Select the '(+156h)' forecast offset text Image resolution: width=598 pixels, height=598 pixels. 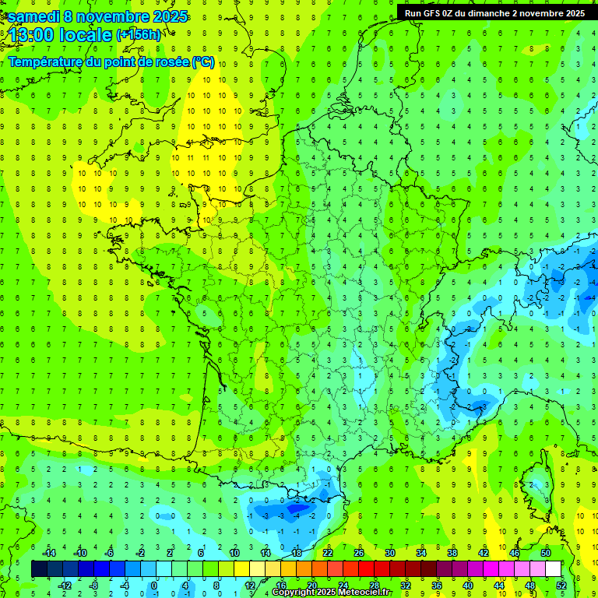[138, 35]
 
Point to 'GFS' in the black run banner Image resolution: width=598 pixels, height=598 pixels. [434, 12]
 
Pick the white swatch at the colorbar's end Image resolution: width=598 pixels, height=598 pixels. [553, 569]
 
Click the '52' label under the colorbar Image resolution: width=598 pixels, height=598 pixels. [561, 585]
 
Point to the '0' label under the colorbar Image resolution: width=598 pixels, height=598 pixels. [154, 585]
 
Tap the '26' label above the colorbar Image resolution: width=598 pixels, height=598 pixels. [359, 553]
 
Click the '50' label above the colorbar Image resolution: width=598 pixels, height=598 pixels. [545, 553]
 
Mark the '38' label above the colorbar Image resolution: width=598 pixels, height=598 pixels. [452, 553]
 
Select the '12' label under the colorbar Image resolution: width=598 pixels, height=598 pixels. [249, 585]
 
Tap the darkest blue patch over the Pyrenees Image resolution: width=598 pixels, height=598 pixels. [296, 508]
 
